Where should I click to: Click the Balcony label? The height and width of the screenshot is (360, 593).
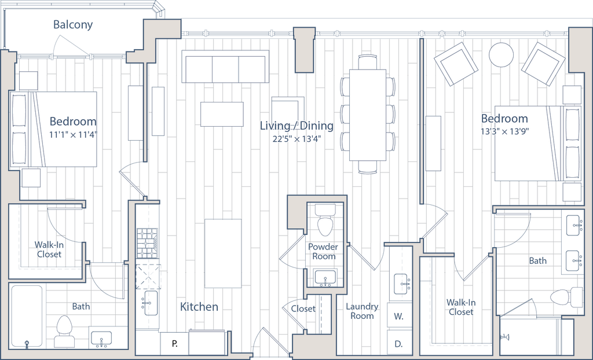[x=74, y=25]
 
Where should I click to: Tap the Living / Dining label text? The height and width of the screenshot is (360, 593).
[x=296, y=126]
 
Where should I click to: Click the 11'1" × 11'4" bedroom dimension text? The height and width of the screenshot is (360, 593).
[x=73, y=135]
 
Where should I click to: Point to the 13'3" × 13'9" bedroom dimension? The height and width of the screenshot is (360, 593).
[x=505, y=131]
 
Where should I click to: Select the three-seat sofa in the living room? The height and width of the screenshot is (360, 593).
[x=225, y=66]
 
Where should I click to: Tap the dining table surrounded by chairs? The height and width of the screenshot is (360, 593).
[x=367, y=115]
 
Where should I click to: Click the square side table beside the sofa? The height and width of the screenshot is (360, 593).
[x=288, y=111]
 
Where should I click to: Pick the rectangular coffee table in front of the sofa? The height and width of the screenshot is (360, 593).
[x=222, y=113]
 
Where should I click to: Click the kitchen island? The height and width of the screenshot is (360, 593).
[x=223, y=253]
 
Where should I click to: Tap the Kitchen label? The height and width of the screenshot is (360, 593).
[x=199, y=307]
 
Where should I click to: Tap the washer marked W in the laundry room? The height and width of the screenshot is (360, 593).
[x=399, y=317]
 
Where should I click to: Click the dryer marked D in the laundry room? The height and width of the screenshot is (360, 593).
[x=399, y=343]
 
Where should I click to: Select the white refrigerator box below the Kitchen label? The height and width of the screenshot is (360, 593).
[x=210, y=341]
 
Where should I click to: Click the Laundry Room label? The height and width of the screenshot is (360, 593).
[x=362, y=311]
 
